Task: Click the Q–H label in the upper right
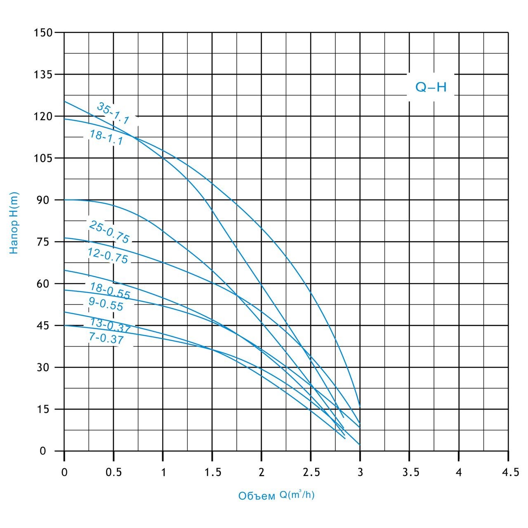coord(431,87)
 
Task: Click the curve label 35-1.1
coord(113,113)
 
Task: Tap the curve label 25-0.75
coord(109,232)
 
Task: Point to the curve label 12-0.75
coord(108,256)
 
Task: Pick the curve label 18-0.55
coord(110,291)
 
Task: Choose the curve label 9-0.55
coord(106,304)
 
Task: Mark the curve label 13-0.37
coord(110,326)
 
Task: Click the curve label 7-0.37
coord(106,339)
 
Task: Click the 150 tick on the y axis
coord(43,32)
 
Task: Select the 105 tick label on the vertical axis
coord(43,158)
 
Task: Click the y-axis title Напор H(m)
coord(14,223)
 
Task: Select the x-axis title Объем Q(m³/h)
coord(276,495)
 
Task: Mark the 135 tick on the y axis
coord(43,74)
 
